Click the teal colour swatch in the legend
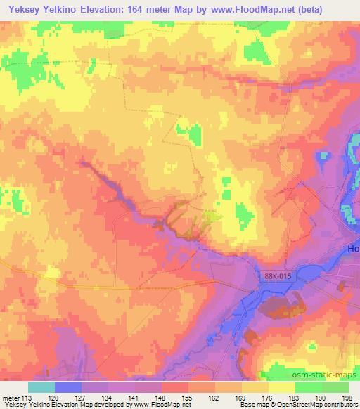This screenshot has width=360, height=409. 41,387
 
